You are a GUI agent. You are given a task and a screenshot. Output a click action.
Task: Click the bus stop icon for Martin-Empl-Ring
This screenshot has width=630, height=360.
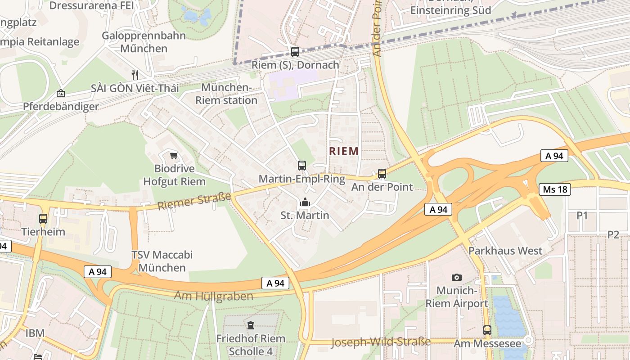point(301,165)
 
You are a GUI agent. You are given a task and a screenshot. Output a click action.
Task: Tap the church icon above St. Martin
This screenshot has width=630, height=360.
point(305,202)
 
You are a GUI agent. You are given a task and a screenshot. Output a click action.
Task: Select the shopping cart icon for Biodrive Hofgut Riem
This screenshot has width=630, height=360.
point(174,156)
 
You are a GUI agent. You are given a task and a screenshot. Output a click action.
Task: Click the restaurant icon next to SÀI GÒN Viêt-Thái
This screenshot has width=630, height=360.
point(134,74)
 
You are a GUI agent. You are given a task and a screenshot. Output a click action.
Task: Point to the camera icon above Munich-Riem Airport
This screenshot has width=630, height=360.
point(457,277)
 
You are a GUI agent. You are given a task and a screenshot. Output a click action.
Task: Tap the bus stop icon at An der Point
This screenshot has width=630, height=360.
point(382,173)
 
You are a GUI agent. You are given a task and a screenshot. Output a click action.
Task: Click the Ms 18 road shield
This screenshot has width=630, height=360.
point(555,189)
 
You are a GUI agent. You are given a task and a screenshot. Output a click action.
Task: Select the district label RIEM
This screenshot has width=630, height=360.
point(344,151)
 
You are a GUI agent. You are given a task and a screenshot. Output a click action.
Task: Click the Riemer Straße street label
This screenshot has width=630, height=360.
point(194,201)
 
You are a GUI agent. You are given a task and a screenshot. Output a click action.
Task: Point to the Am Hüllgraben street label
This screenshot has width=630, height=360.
point(213,296)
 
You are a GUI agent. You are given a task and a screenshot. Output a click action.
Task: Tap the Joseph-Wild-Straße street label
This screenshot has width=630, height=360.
point(381,342)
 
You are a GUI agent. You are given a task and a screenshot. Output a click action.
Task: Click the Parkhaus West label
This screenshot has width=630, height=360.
point(505,251)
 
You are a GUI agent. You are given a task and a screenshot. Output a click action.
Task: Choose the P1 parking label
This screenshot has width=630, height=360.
point(582,216)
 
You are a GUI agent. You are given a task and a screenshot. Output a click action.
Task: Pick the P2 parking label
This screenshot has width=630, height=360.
point(613,234)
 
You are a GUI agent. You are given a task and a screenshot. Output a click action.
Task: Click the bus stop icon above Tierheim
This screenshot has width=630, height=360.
point(43,219)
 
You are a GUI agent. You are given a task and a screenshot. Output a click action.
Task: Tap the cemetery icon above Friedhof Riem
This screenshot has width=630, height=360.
point(251,325)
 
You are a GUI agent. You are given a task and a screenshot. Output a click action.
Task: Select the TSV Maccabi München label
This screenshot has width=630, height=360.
point(162,261)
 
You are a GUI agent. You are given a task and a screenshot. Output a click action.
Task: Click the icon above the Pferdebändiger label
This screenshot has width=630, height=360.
point(60,94)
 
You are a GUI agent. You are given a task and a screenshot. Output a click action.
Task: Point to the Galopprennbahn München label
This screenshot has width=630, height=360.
point(144,42)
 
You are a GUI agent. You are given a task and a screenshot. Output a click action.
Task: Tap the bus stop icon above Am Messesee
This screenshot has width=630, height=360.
point(487,330)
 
